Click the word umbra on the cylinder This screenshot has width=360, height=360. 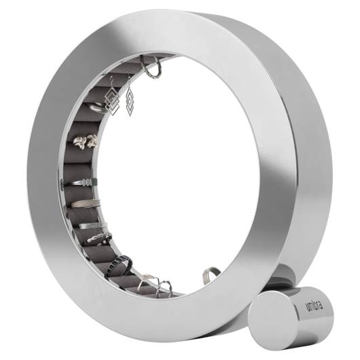point(314,305)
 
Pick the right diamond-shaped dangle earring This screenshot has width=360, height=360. point(130,101)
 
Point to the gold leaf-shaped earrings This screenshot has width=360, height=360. point(85,141)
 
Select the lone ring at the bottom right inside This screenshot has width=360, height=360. point(210,275)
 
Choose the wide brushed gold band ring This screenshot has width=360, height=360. point(85,203)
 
